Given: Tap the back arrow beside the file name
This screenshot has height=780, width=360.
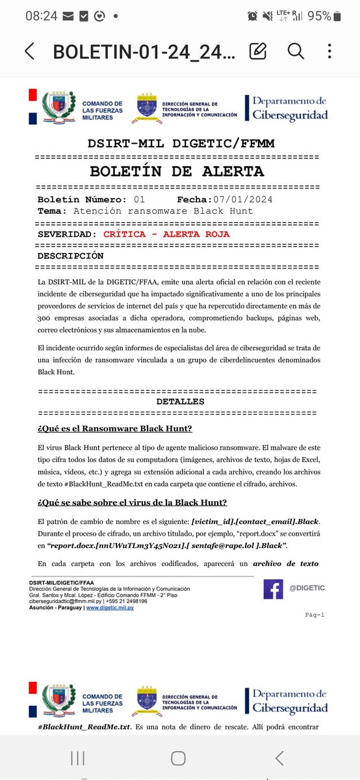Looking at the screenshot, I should click(29, 51).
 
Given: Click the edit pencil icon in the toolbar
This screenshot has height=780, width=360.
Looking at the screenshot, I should click(258, 51).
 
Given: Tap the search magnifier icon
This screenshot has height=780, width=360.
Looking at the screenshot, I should click(296, 51).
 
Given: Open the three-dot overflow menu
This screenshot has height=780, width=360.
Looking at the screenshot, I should click(330, 51).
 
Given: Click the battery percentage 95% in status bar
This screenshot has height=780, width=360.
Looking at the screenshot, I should click(319, 16).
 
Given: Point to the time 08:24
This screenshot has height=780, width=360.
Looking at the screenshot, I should click(40, 16).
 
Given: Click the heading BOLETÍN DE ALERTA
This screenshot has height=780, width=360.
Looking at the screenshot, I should click(177, 172).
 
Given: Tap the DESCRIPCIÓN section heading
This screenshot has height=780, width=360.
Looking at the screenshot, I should click(70, 255).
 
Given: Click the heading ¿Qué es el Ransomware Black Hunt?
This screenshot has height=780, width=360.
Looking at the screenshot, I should click(114, 428).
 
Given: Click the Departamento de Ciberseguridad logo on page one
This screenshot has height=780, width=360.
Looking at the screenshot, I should click(287, 108).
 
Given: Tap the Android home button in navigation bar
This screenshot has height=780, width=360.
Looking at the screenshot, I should click(179, 757).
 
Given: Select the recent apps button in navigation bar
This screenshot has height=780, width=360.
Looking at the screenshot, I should click(77, 757).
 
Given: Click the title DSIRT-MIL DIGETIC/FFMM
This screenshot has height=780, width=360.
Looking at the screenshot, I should click(177, 144).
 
